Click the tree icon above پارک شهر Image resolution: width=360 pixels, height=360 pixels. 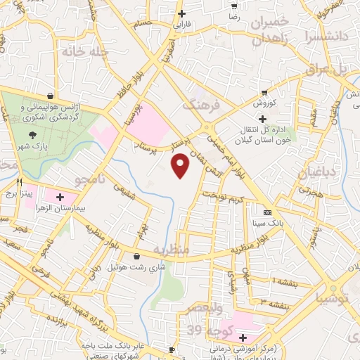[x=32, y=134]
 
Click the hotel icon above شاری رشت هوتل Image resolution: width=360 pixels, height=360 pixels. [x=136, y=256]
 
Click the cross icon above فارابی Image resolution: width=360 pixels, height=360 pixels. [x=182, y=13]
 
